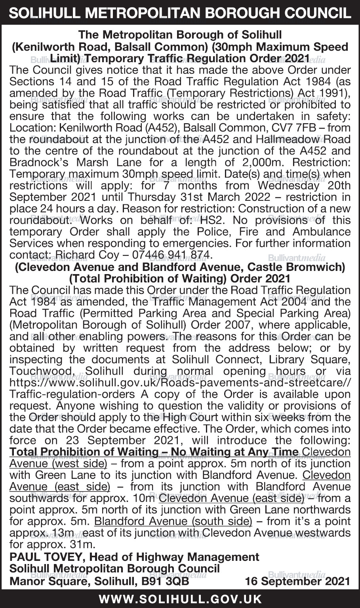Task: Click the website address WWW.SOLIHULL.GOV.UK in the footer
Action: [180, 599]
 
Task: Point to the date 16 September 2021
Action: [297, 581]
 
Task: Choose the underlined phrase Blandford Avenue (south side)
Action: [173, 520]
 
